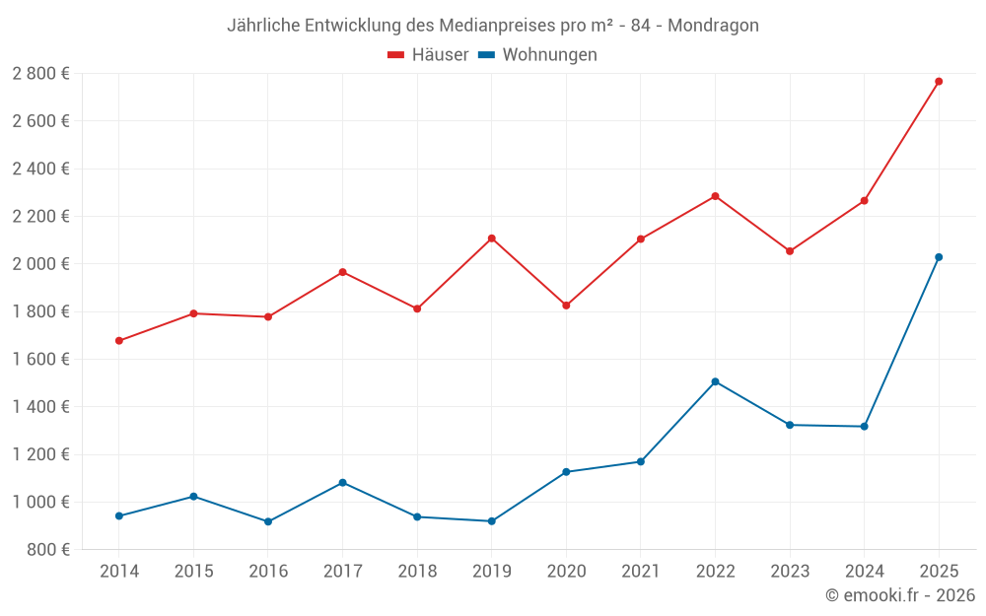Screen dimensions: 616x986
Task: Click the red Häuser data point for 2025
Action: [939, 82]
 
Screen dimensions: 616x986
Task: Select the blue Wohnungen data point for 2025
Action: [939, 257]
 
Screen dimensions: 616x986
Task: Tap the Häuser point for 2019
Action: [491, 239]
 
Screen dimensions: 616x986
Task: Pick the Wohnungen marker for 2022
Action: [715, 381]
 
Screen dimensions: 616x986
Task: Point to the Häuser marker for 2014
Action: [119, 341]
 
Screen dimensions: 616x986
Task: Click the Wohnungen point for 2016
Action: [268, 521]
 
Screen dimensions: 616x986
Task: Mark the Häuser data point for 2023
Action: [790, 251]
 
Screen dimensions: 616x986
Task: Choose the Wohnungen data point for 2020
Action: [566, 472]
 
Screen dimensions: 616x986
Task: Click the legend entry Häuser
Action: [440, 55]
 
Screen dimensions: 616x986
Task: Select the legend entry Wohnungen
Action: [549, 55]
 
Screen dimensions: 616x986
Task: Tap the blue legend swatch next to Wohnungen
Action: [486, 55]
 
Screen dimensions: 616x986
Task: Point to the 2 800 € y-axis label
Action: [40, 74]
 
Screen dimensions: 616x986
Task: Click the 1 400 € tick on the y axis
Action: [40, 407]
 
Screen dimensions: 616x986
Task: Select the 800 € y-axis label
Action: [46, 550]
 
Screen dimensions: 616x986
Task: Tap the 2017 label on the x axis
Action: [342, 571]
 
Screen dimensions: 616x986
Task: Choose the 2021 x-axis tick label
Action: [641, 571]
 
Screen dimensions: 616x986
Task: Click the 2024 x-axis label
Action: [864, 571]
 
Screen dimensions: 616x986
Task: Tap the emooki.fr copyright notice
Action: [900, 595]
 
